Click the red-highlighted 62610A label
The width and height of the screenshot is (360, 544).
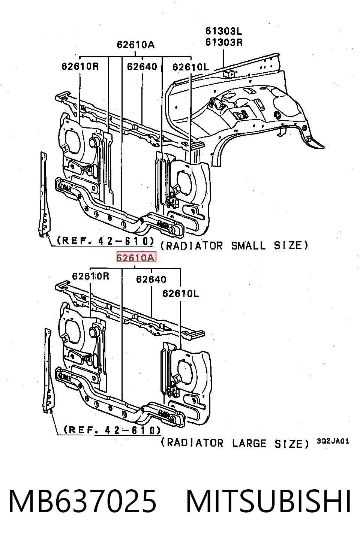[136, 257]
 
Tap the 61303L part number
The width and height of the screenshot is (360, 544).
[223, 31]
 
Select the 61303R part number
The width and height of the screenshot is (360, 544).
[224, 42]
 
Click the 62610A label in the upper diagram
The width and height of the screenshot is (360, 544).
[135, 45]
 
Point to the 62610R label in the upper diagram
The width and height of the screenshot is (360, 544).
[80, 66]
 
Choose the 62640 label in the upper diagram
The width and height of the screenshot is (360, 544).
[142, 66]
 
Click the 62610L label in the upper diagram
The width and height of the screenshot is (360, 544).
[190, 67]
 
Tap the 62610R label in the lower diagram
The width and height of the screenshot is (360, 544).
[91, 276]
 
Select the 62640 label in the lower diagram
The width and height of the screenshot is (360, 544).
[151, 279]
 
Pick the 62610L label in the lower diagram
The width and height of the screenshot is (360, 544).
[180, 294]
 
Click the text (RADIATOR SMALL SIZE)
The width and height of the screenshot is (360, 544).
[234, 245]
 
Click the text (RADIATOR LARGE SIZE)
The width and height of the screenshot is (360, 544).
[235, 443]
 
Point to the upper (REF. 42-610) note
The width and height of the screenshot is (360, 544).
[105, 241]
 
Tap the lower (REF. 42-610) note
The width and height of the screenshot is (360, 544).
[112, 430]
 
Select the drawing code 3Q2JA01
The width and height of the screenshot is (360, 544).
[333, 441]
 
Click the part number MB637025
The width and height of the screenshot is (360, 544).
[82, 501]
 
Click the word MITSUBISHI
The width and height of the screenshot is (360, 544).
[268, 501]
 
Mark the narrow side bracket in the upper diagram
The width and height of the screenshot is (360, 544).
[45, 194]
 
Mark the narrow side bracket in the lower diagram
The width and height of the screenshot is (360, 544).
[49, 370]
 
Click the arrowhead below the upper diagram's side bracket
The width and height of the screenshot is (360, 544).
[47, 235]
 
